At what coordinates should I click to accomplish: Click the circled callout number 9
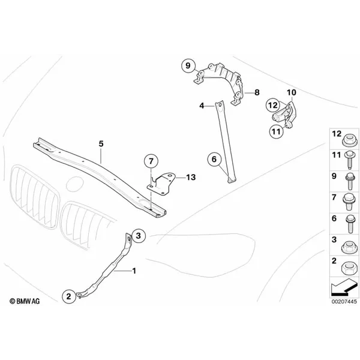(188, 66)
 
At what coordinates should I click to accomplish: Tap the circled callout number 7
(151, 161)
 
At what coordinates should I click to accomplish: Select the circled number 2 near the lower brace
(69, 296)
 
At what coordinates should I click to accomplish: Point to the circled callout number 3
(139, 236)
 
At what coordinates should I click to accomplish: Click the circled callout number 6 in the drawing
(214, 159)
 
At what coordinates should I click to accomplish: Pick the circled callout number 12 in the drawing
(273, 106)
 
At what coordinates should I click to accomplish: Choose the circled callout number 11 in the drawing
(276, 132)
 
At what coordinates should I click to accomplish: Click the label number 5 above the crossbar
(101, 144)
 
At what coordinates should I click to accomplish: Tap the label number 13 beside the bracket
(191, 177)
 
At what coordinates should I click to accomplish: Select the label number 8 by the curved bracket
(257, 92)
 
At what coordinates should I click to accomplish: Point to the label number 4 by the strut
(202, 106)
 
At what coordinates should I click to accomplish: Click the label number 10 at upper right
(292, 92)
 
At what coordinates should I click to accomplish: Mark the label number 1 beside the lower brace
(134, 271)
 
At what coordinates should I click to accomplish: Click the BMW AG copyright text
(25, 301)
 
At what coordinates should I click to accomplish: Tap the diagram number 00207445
(344, 301)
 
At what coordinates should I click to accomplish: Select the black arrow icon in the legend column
(344, 287)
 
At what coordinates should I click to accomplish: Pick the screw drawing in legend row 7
(349, 202)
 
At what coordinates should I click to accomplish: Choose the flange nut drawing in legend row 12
(350, 140)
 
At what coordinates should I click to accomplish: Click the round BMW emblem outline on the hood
(74, 184)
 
